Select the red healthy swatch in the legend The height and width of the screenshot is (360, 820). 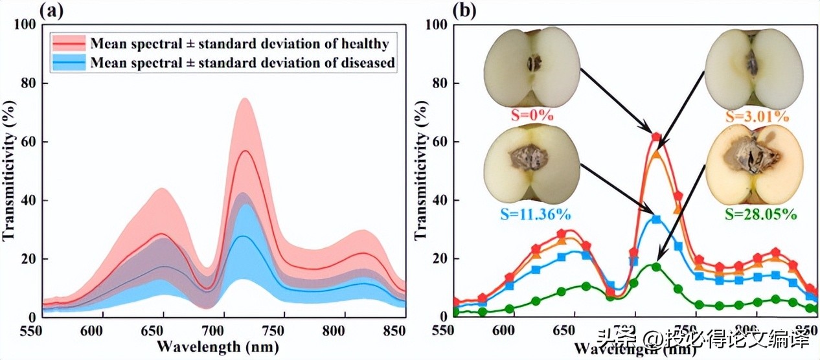coord(69,44)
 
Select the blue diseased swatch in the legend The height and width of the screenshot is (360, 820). coord(69,62)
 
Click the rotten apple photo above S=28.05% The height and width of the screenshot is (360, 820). coord(754,164)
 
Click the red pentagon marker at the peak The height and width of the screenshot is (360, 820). coord(656,137)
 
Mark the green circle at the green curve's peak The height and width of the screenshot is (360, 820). coord(656,267)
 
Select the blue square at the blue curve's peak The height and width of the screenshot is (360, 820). coord(656,219)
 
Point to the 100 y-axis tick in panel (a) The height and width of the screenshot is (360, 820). coord(25,25)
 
